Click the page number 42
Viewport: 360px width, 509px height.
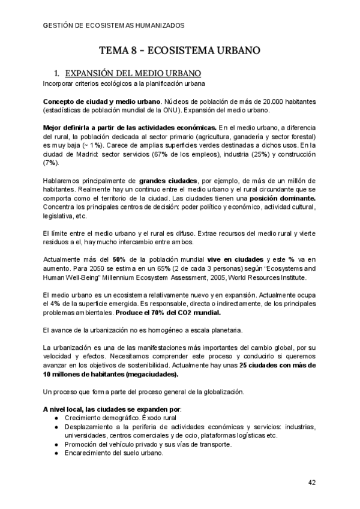pyautogui.click(x=312, y=482)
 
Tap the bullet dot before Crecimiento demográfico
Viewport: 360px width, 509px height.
pyautogui.click(x=55, y=418)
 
